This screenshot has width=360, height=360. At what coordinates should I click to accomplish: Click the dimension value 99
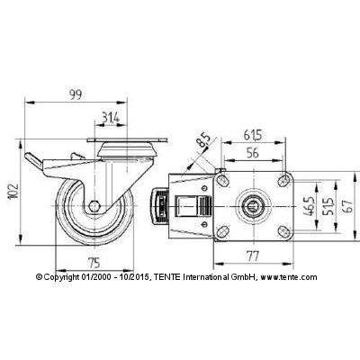click(76, 94)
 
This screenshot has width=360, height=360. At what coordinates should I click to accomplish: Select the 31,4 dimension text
click(111, 117)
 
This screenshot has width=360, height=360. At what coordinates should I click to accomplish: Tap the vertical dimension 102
click(13, 191)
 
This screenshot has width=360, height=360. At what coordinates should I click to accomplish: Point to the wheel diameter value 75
click(94, 264)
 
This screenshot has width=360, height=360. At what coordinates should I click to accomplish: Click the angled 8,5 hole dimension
click(204, 140)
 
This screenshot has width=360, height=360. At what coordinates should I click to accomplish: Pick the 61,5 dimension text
click(253, 135)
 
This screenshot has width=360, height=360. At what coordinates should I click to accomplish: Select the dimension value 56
click(253, 153)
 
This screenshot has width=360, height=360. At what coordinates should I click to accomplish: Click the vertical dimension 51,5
click(328, 207)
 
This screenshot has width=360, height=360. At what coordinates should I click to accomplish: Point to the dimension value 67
click(349, 207)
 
